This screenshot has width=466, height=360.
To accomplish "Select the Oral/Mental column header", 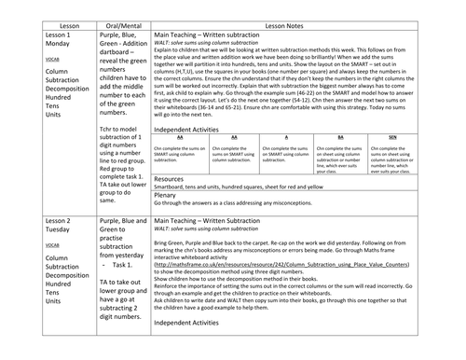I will [x=121, y=7].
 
